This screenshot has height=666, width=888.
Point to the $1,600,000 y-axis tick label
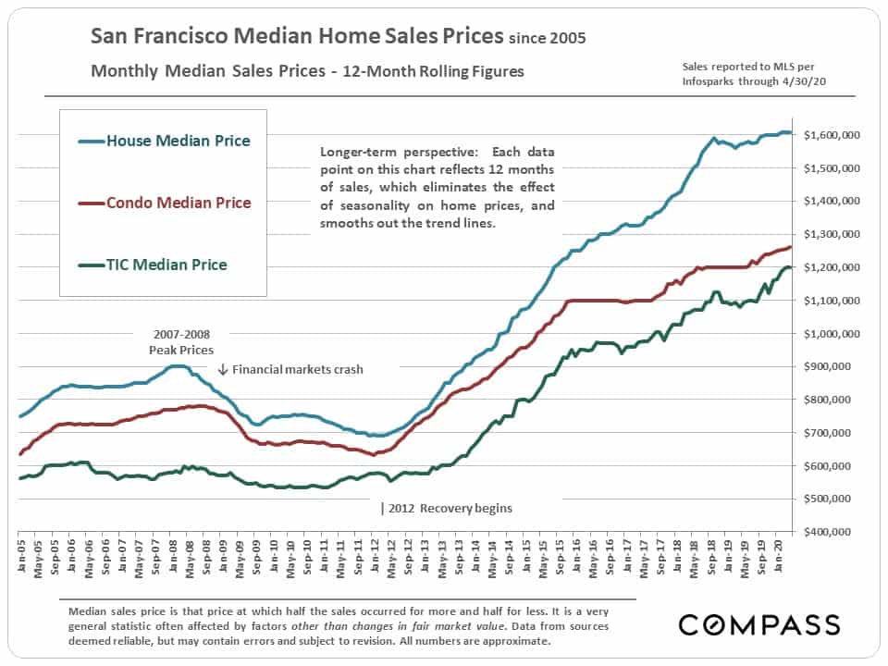(832, 136)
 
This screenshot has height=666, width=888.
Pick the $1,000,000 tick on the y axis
(832, 334)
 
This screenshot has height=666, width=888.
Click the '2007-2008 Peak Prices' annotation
(180, 343)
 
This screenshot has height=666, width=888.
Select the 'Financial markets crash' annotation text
(298, 369)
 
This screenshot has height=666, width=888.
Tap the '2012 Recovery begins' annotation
(449, 508)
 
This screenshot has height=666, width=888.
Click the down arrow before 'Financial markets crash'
(223, 369)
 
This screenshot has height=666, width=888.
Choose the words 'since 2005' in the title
(547, 39)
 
